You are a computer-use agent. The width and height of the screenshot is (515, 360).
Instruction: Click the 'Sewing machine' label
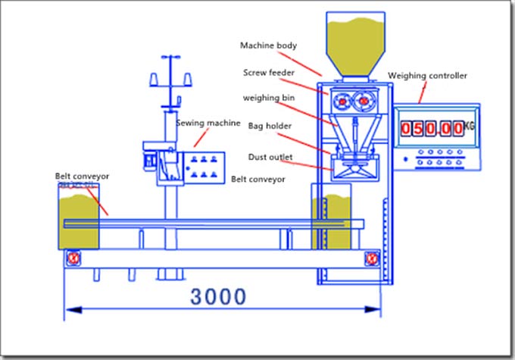[x=208, y=123]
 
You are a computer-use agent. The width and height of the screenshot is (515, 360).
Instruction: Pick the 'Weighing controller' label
[x=428, y=76]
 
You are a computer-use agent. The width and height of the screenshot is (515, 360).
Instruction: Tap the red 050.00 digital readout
[x=432, y=129]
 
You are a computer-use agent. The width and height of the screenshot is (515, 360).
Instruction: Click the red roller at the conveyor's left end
[x=73, y=258]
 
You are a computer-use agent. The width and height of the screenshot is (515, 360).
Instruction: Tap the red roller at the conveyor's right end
[x=373, y=258]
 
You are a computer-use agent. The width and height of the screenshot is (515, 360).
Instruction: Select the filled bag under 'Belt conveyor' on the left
[x=80, y=220]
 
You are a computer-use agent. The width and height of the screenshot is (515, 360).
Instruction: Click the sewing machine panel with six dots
[x=204, y=167]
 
